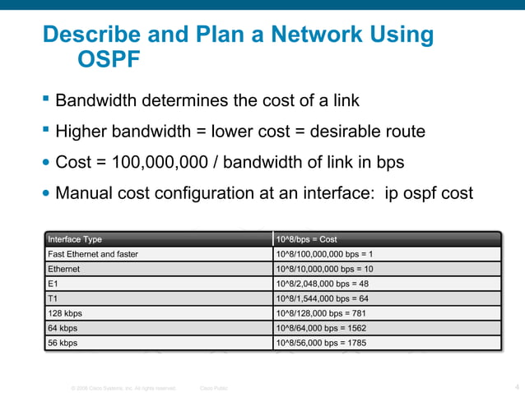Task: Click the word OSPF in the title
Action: coord(109,61)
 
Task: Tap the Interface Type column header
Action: coord(75,239)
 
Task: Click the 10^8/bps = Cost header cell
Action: coord(306,239)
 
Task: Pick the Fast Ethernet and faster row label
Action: coord(93,254)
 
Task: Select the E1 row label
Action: coord(53,284)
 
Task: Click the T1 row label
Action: coord(53,298)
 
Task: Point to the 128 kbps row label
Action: coord(65,313)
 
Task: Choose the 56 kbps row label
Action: coord(63,343)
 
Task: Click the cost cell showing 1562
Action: coord(319,328)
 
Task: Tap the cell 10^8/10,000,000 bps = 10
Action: coord(325,269)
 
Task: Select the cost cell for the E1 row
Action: coord(323,284)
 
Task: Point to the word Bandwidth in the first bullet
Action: coord(97,101)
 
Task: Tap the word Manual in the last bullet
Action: coord(83,193)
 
